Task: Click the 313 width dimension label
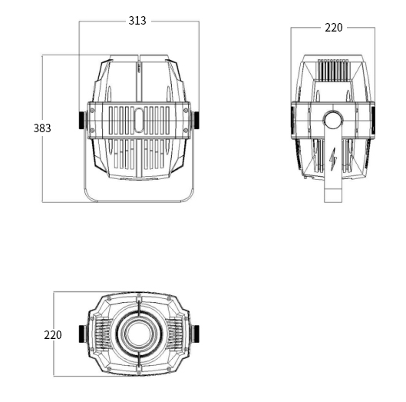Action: click(x=137, y=21)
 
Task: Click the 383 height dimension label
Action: click(x=42, y=128)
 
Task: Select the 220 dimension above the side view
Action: click(x=334, y=28)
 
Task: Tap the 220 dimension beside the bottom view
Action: click(x=53, y=335)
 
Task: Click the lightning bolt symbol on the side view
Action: click(x=333, y=159)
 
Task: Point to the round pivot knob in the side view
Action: click(x=333, y=120)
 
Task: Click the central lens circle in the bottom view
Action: click(x=139, y=334)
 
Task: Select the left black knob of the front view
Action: click(x=83, y=120)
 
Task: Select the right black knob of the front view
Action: click(x=195, y=120)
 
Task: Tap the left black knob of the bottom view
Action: click(x=83, y=334)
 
